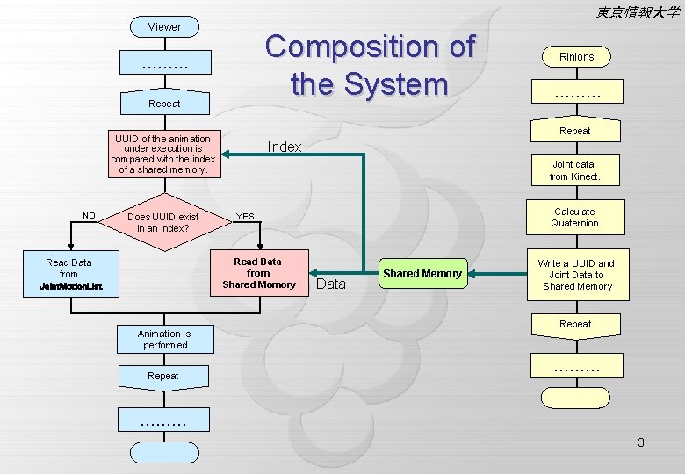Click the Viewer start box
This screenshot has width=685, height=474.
(164, 27)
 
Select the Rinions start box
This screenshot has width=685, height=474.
(576, 56)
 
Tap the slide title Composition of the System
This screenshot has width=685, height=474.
(370, 65)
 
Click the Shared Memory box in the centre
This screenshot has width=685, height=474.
(422, 274)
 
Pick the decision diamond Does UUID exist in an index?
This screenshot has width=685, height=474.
(163, 222)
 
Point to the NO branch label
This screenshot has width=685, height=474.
(89, 215)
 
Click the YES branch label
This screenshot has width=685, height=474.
(246, 217)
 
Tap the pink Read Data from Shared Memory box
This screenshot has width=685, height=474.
(258, 273)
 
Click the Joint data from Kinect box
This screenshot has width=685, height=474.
(574, 170)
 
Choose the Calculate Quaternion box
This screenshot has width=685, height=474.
(574, 217)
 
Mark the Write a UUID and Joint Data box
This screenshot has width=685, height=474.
(576, 275)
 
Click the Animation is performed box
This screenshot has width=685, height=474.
(163, 340)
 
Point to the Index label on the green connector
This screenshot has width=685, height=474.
(284, 147)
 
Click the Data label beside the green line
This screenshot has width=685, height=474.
(331, 284)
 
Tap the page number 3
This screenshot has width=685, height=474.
(641, 442)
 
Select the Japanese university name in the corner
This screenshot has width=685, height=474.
(637, 12)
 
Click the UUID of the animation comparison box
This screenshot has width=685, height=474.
(163, 154)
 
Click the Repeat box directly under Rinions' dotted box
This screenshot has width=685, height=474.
(575, 131)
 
